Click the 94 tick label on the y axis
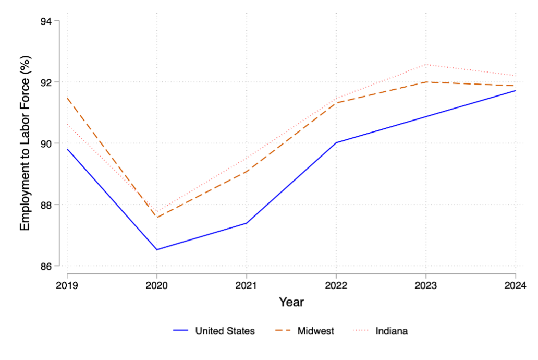pos(52,21)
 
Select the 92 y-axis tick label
pos(52,82)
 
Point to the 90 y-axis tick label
pos(52,143)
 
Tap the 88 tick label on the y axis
pos(52,205)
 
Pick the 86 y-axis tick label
pos(52,266)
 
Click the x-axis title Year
pos(291,302)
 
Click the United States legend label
pos(225,331)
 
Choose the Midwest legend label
pos(315,331)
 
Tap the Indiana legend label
pos(392,331)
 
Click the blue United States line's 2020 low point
pos(156,249)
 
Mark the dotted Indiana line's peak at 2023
pos(426,65)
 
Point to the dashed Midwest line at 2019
pos(67,98)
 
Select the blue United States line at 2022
pos(336,142)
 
